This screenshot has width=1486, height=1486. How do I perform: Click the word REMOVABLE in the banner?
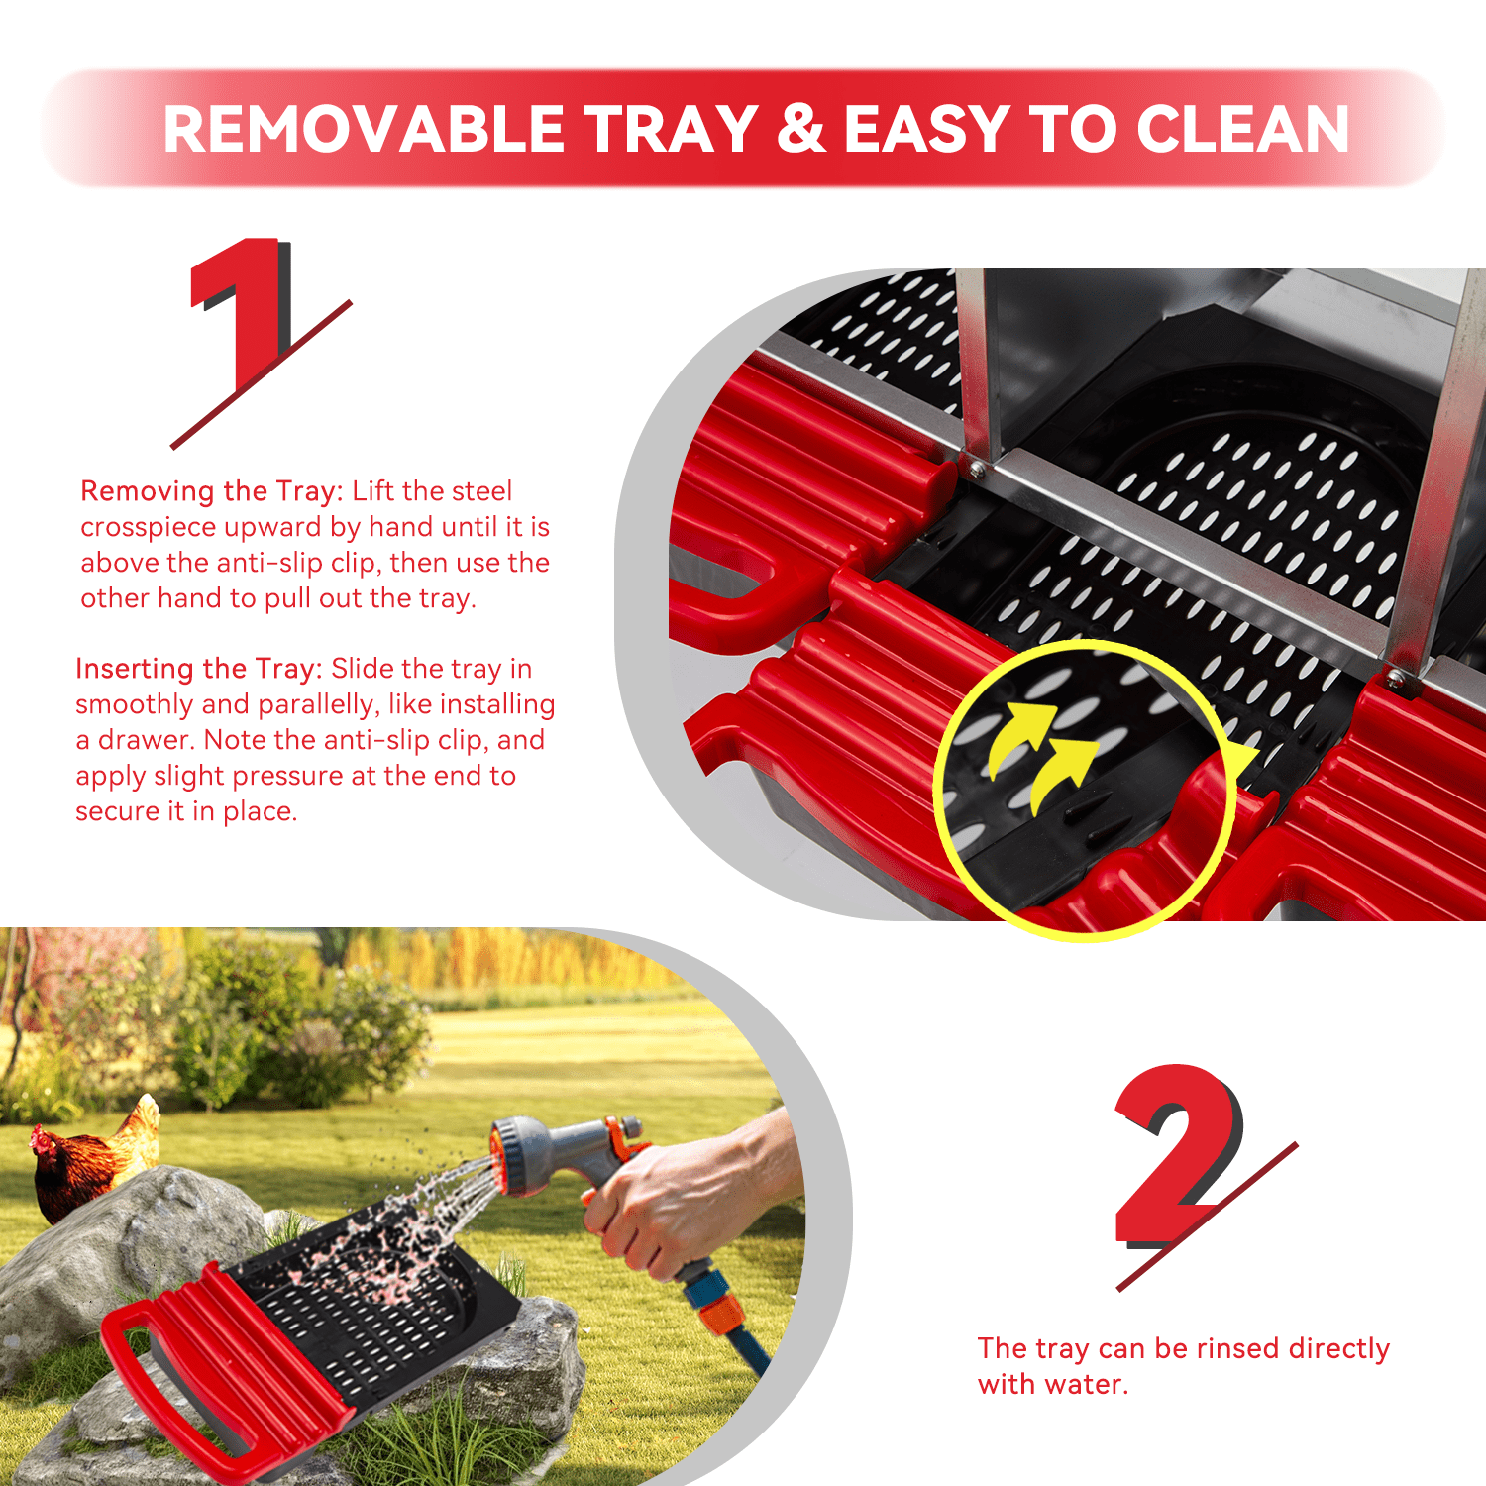point(364,129)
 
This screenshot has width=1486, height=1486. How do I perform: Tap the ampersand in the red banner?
point(801,129)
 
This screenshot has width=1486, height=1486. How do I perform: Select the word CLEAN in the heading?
point(1242,129)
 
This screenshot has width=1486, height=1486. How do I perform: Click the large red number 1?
point(240,315)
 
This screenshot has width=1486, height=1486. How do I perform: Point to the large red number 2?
point(1179,1154)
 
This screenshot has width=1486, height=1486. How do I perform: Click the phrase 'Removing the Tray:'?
point(212,491)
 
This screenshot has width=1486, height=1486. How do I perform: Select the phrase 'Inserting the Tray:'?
point(199,669)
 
